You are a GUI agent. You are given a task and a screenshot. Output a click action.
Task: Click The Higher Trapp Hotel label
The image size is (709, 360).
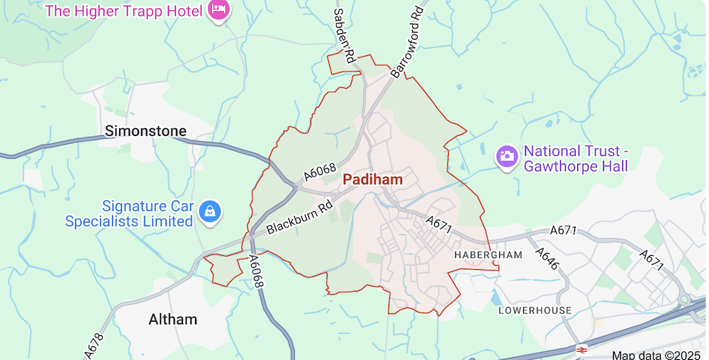click(125, 11)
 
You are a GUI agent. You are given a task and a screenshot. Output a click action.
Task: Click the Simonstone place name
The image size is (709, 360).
click(145, 131)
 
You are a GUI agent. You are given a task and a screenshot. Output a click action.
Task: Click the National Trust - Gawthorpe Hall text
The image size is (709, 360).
click(576, 159)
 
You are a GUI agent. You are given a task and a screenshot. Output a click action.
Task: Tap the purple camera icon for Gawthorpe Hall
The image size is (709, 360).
click(506, 156)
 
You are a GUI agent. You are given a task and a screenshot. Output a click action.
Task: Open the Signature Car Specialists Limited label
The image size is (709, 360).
click(129, 214)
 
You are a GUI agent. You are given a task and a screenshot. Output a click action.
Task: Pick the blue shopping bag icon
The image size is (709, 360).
click(211, 211)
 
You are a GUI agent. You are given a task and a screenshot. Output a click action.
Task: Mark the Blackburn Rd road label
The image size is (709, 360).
click(300, 219)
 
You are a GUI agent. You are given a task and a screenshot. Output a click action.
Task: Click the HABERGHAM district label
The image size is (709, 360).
click(488, 254)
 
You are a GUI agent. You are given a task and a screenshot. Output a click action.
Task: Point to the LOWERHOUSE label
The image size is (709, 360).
click(535, 310)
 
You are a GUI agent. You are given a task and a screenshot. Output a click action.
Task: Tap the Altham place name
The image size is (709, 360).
click(173, 320)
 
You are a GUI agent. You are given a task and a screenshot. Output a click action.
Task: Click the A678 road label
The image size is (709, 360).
click(94, 345)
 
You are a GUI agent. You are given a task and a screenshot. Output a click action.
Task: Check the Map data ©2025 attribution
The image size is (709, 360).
click(656, 355)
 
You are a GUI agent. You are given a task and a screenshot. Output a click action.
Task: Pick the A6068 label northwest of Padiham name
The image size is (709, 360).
click(320, 171)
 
